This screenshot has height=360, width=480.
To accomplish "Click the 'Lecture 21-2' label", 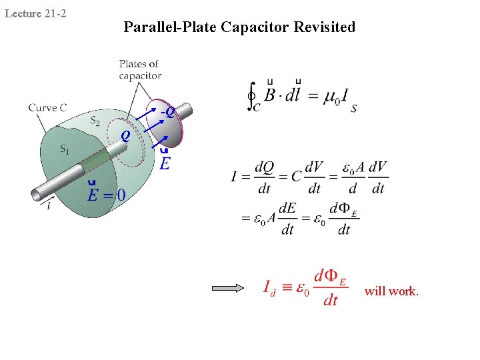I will [x=35, y=13].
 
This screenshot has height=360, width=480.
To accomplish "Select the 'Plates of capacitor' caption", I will [x=140, y=70].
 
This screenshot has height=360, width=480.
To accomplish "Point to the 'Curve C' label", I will [x=47, y=107].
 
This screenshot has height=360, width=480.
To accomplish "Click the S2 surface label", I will [x=96, y=121].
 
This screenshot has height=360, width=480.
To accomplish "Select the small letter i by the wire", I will [x=48, y=207].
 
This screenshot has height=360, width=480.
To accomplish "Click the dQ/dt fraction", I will [x=265, y=177].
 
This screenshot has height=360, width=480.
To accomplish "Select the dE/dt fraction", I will [x=287, y=218].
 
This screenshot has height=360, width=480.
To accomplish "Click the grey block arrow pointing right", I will [x=228, y=289].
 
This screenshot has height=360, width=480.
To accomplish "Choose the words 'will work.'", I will [x=391, y=291].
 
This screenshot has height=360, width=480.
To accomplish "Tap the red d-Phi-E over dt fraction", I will [x=331, y=287].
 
